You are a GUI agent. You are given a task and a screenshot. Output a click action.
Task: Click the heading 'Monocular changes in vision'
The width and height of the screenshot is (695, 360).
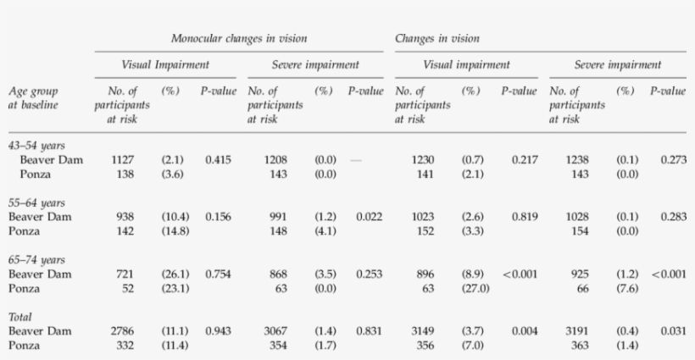click(x=239, y=39)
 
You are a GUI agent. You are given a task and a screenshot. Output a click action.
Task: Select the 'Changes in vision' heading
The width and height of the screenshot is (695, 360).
click(x=436, y=39)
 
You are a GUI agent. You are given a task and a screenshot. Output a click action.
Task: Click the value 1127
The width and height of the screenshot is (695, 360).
click(x=124, y=159)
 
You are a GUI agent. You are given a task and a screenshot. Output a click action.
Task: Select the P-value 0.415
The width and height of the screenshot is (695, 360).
click(x=217, y=159)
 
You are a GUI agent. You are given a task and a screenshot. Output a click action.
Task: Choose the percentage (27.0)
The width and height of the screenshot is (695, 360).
click(x=475, y=287)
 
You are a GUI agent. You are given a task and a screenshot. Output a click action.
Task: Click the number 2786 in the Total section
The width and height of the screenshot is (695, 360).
click(x=124, y=330)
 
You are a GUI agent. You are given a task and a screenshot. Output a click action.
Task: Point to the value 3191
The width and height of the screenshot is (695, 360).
click(x=575, y=330)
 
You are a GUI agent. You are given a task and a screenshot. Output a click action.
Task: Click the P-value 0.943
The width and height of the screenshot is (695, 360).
click(x=217, y=330)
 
